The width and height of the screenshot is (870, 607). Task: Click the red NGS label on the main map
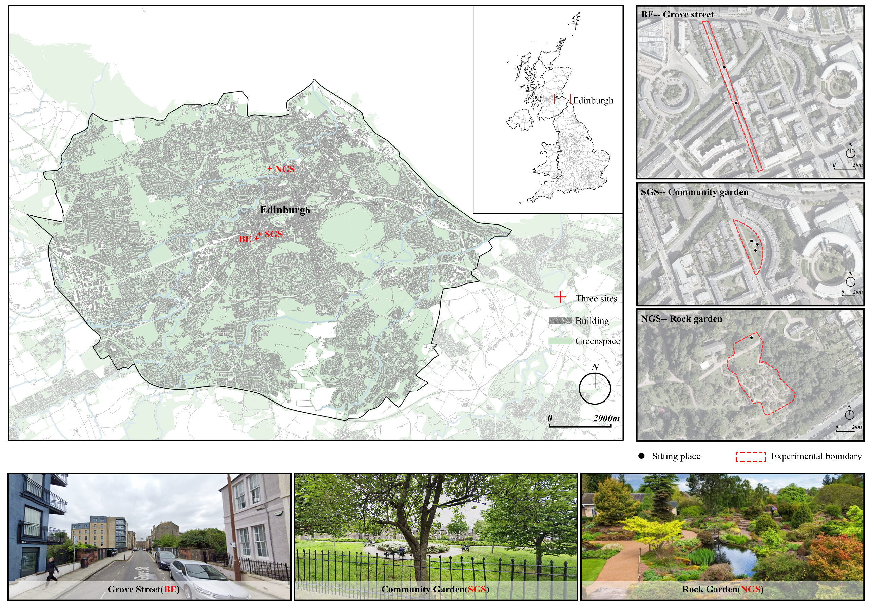point(285,169)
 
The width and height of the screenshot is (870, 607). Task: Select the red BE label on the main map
point(245,239)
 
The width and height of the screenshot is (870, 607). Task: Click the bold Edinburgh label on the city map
point(285,210)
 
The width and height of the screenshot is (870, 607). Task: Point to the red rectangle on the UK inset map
point(562,99)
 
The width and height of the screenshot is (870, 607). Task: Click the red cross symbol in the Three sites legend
point(560,298)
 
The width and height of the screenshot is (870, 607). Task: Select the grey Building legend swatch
point(560,320)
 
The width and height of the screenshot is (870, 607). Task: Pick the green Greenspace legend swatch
point(560,341)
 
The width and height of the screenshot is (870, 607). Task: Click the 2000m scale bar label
point(606,418)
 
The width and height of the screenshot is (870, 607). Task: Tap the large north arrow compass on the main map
point(595,388)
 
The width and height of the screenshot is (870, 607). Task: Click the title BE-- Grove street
point(677,14)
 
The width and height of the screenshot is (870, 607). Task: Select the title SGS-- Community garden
point(694,192)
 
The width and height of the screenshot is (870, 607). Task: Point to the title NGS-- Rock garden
point(681,319)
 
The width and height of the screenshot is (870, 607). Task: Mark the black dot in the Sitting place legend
point(641,456)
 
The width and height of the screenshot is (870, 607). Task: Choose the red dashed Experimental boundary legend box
point(750,456)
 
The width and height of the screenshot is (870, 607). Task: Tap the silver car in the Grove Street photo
point(207,578)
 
